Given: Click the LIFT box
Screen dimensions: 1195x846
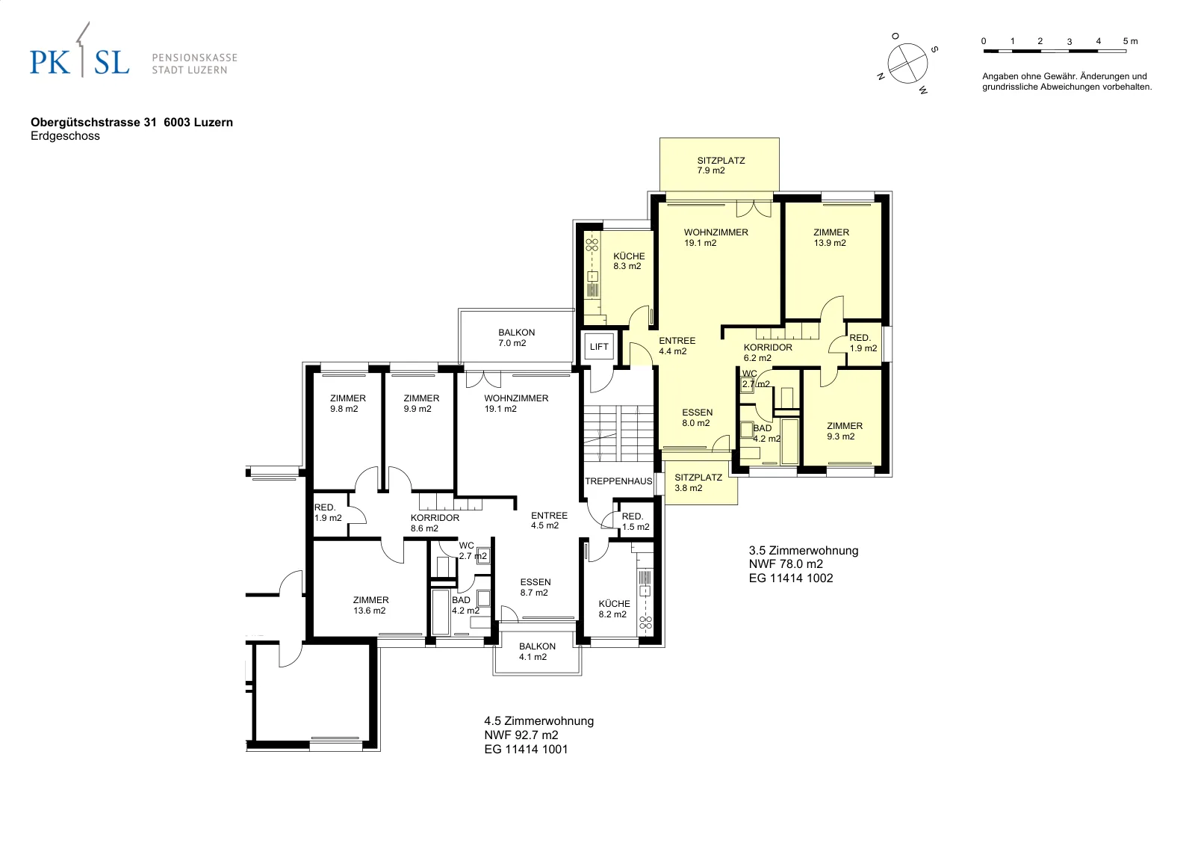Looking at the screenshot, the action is [x=599, y=347].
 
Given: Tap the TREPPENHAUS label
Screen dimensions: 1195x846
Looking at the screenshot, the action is [x=618, y=481].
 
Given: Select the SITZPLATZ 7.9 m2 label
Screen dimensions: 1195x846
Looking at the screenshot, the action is [x=720, y=165].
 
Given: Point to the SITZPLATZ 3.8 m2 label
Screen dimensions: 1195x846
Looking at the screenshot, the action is [x=698, y=483].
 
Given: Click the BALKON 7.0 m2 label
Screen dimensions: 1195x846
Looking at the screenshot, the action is [x=516, y=337].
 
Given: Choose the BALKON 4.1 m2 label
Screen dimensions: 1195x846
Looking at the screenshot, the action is [x=537, y=651].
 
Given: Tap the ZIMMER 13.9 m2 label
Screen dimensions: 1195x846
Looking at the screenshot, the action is [x=831, y=238].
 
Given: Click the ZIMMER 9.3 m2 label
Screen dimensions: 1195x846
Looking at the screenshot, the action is [x=844, y=430].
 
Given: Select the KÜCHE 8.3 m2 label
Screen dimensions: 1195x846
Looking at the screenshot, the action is [x=628, y=261].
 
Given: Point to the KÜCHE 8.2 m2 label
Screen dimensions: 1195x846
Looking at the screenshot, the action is [x=613, y=608].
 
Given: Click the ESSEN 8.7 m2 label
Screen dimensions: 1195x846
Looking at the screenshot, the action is [x=535, y=587].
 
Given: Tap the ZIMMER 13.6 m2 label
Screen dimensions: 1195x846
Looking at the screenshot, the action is [x=370, y=605].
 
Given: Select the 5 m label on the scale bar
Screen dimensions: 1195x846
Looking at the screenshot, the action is [x=1130, y=41].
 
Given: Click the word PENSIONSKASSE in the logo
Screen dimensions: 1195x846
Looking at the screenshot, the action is [x=195, y=58].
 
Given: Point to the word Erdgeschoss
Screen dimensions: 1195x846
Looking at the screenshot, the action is [x=65, y=135].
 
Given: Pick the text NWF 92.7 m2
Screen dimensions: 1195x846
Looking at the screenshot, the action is [x=521, y=735].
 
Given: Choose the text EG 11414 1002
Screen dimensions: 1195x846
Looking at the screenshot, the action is [x=791, y=578].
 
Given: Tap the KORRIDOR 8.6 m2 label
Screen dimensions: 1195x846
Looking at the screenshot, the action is [x=434, y=523].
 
